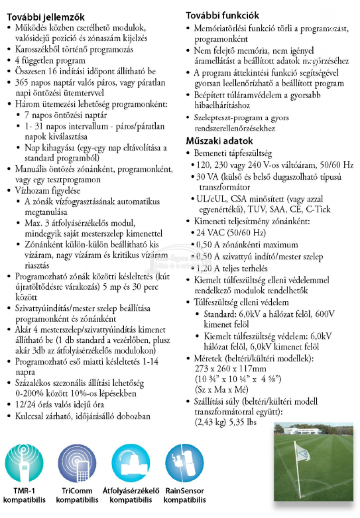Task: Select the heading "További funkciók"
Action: [x=222, y=16]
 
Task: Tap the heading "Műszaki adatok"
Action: [x=220, y=141]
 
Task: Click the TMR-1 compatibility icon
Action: [x=24, y=463]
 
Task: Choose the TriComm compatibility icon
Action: [x=77, y=463]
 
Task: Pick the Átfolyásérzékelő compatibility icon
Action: [x=131, y=463]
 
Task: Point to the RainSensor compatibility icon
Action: [x=184, y=463]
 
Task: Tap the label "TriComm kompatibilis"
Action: [x=78, y=495]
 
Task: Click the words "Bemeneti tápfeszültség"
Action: [x=233, y=153]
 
